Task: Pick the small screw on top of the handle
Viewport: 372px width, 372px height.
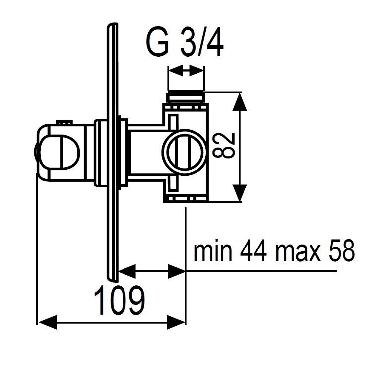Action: [63, 121]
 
